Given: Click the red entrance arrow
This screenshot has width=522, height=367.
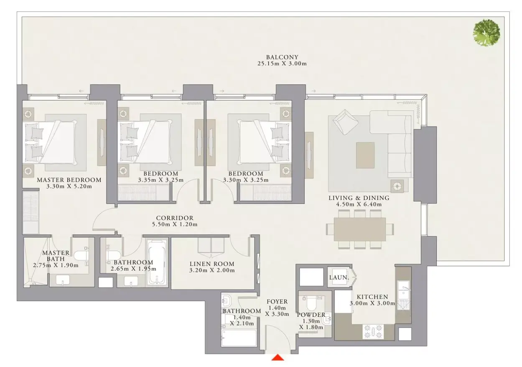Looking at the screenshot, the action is (278, 357).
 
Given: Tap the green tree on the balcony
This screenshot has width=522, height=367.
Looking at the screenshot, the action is (486, 33).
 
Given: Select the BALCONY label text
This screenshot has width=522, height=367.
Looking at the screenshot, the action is (282, 57).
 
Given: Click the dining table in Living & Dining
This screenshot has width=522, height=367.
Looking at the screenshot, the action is (359, 229).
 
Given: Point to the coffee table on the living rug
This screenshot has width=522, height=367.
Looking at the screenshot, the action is (365, 155).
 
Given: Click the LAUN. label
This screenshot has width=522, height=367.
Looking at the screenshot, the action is (339, 277).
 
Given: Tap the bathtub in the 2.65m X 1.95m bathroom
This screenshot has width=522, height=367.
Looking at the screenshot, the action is (157, 263).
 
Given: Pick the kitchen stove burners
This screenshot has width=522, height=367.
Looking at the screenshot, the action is (373, 331).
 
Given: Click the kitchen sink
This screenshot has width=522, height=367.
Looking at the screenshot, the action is (403, 295).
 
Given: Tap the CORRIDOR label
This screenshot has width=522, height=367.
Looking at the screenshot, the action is (175, 218).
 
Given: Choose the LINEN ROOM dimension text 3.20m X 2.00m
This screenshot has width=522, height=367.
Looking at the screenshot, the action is (212, 270).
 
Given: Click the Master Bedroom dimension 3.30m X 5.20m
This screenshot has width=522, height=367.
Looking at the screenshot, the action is (69, 186).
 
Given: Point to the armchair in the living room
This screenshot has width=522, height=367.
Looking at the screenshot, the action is (345, 122).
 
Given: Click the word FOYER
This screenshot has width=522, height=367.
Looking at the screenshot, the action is (277, 302).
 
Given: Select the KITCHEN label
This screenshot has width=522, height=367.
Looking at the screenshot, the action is (372, 297).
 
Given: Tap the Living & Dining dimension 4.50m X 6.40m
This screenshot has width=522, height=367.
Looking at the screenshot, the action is (359, 204).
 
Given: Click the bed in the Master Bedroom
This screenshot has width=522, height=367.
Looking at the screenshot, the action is (51, 142).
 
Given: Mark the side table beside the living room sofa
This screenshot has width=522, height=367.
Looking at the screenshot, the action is (397, 186).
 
